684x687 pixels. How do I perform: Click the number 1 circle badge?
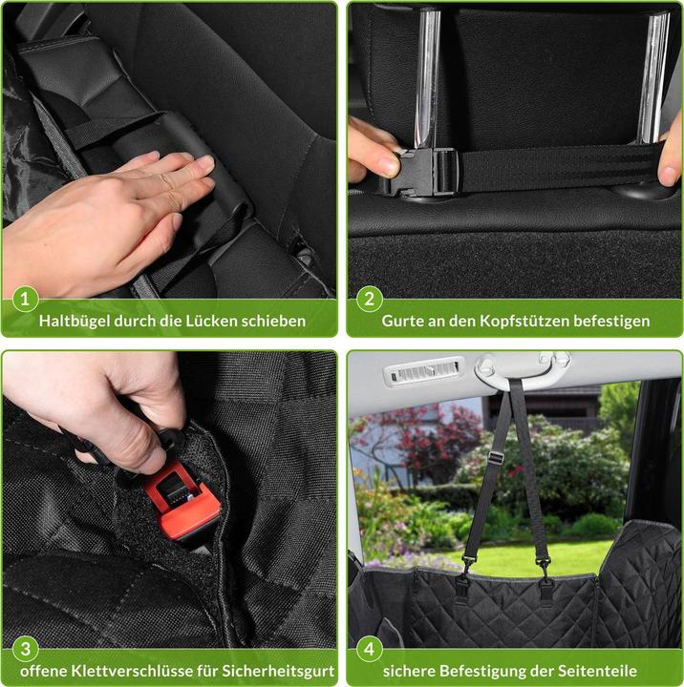(x=25, y=299)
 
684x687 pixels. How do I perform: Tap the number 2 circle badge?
(x=370, y=299)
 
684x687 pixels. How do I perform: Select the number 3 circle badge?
(x=26, y=649)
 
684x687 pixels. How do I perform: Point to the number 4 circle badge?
(x=370, y=649)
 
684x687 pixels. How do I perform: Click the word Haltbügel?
(x=74, y=322)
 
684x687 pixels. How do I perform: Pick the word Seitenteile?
(x=597, y=671)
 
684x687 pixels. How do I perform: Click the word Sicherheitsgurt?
(x=278, y=671)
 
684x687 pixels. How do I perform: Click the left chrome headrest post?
(x=428, y=79)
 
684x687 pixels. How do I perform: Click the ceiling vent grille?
(x=423, y=372)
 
